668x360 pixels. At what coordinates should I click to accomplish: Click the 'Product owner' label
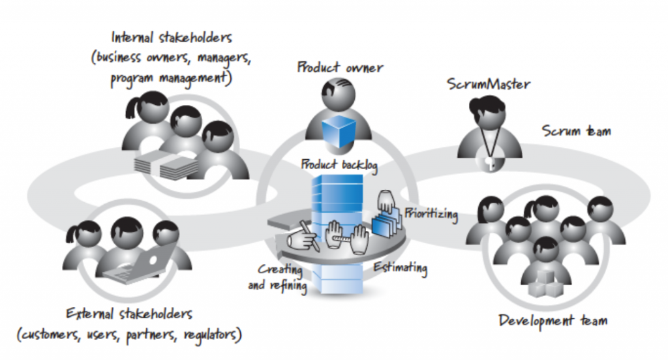(x=340, y=67)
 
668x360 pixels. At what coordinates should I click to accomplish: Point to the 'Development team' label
(x=553, y=320)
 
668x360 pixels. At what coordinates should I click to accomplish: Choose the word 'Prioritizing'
(x=431, y=213)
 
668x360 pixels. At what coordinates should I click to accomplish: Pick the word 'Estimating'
(x=400, y=268)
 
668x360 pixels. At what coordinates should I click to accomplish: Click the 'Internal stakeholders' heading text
(x=172, y=37)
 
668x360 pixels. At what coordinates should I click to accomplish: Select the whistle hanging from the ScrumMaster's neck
(x=489, y=162)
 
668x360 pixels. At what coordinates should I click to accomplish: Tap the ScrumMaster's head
(x=491, y=112)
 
